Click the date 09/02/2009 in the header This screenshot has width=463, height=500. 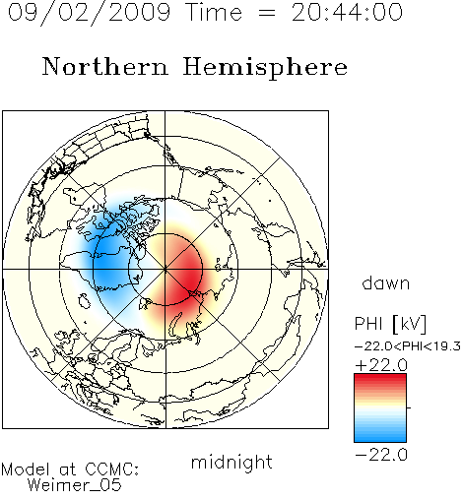[x=89, y=13]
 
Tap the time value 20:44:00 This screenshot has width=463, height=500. [x=347, y=13]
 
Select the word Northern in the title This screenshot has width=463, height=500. [x=104, y=67]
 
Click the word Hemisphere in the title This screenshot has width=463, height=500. [x=265, y=68]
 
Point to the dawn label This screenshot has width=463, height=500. [x=386, y=282]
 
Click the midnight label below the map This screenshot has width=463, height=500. [x=231, y=463]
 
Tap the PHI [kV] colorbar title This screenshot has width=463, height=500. [x=390, y=324]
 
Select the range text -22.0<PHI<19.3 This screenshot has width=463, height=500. [x=408, y=346]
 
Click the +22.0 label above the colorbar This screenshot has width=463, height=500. [x=381, y=365]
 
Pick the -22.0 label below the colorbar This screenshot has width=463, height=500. [x=381, y=455]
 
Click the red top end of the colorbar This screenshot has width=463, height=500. [x=380, y=377]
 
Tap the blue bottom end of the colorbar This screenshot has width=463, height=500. [x=380, y=438]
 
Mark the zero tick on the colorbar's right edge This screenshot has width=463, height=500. [x=409, y=407]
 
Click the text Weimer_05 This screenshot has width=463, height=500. [x=75, y=485]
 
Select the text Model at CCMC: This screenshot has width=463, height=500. [x=70, y=469]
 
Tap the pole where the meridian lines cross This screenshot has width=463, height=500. [x=165, y=269]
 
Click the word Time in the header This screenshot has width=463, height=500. [x=214, y=13]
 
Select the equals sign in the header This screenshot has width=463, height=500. [x=267, y=13]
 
